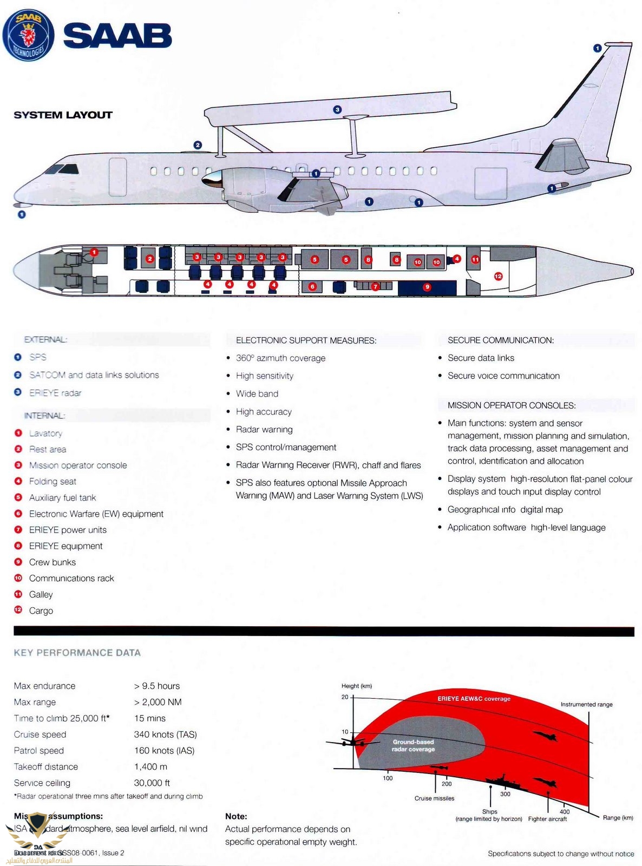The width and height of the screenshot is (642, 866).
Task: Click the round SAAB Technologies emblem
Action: (x=28, y=35)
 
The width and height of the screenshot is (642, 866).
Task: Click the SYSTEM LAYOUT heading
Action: (x=63, y=115)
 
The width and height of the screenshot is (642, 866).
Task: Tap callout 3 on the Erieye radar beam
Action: (x=337, y=110)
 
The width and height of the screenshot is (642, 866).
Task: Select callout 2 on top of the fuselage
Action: (x=198, y=145)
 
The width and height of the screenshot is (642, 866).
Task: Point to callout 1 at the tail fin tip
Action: (x=597, y=48)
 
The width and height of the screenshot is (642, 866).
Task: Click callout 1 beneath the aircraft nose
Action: (x=22, y=214)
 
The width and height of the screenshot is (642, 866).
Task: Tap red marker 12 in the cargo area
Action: (x=498, y=277)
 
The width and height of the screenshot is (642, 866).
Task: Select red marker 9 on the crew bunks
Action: (x=427, y=287)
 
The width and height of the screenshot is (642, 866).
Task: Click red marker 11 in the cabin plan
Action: (x=475, y=260)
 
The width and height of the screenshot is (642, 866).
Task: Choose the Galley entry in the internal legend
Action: (x=41, y=594)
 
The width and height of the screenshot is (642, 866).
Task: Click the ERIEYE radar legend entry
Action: (x=55, y=393)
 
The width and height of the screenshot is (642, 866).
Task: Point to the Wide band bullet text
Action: (x=257, y=393)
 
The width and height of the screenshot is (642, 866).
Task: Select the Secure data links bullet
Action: (x=481, y=358)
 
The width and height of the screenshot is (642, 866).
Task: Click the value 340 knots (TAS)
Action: (x=165, y=734)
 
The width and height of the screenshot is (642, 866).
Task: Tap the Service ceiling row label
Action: (x=42, y=783)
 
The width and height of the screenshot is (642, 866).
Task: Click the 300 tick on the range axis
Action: (x=505, y=794)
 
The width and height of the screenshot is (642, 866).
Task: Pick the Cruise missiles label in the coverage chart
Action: (x=434, y=798)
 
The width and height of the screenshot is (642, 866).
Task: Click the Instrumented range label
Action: (x=586, y=705)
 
